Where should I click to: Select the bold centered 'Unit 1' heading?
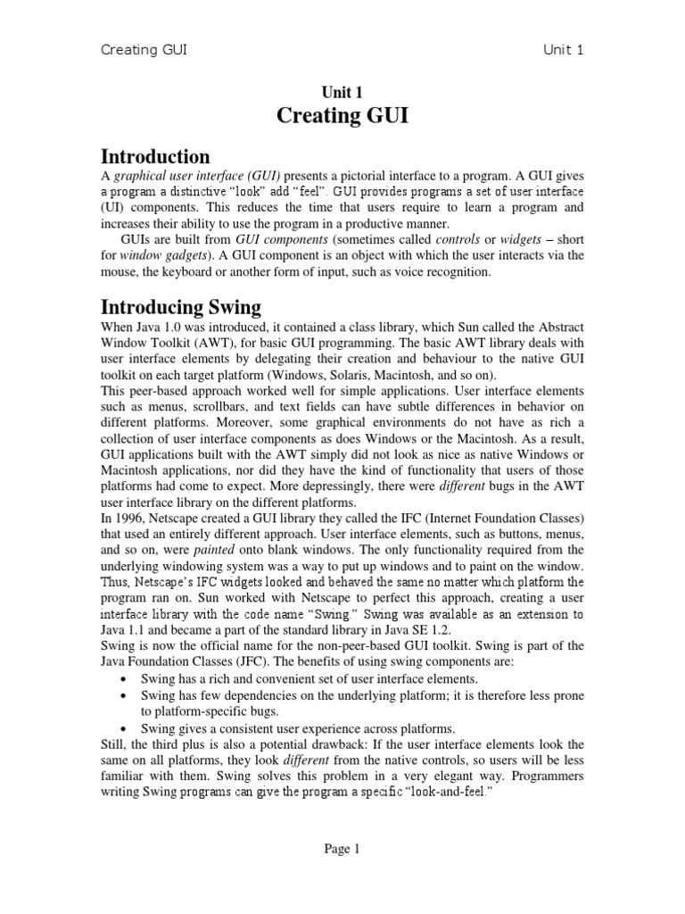pos(342,92)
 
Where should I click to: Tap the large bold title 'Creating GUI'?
pos(342,116)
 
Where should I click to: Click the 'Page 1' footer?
pos(342,850)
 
